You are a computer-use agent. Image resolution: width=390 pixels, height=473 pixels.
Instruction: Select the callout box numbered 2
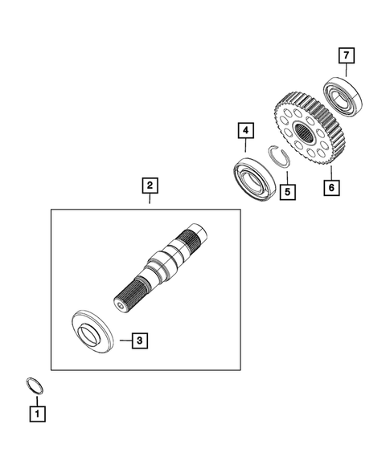click(149, 186)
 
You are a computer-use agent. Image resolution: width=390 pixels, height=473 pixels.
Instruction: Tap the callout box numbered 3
click(139, 340)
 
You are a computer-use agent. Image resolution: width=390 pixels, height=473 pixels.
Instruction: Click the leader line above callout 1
click(36, 399)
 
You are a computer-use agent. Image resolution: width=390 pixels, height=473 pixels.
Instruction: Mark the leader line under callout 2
click(149, 202)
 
